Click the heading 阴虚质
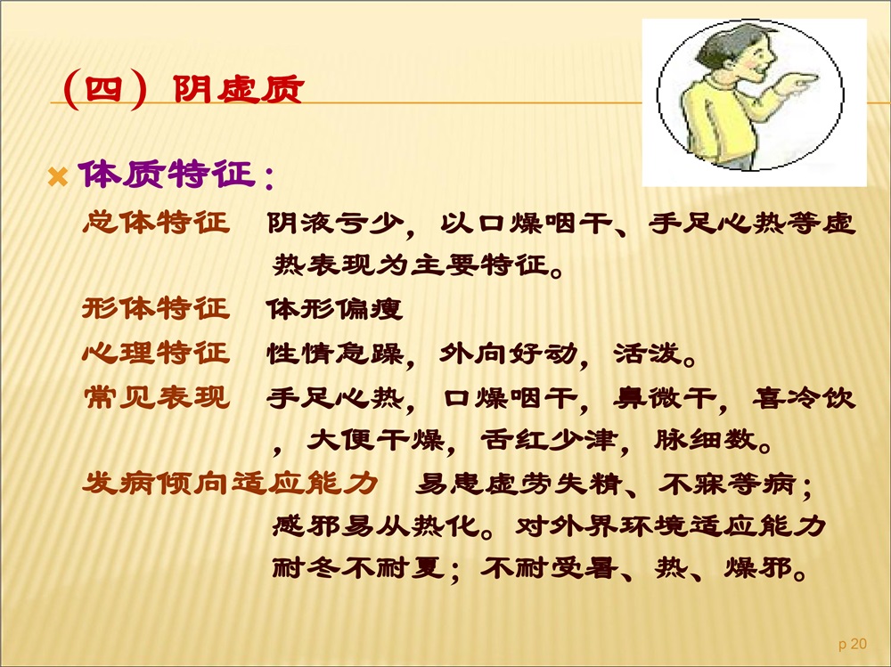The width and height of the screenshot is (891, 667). pos(239,89)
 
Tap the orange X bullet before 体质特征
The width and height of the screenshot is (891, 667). pos(58,176)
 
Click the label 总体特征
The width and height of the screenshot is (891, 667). pos(156,222)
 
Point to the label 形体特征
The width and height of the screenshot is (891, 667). pos(156,308)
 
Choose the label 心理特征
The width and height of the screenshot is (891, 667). pos(156,353)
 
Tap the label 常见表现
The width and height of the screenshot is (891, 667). pos(156,396)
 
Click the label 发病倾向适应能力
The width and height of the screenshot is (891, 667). pos(230,484)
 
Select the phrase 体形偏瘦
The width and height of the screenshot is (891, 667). pos(335,309)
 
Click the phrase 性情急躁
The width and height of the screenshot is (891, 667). pos(335,353)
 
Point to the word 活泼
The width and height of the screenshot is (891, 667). pos(647,353)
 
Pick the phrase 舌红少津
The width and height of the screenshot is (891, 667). pos(550,440)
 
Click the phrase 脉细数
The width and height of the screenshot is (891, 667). pos(705,440)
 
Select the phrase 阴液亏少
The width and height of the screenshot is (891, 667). pos(336,224)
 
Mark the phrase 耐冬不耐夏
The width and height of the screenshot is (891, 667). pos(358,567)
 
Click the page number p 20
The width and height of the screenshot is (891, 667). pos(853,644)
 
